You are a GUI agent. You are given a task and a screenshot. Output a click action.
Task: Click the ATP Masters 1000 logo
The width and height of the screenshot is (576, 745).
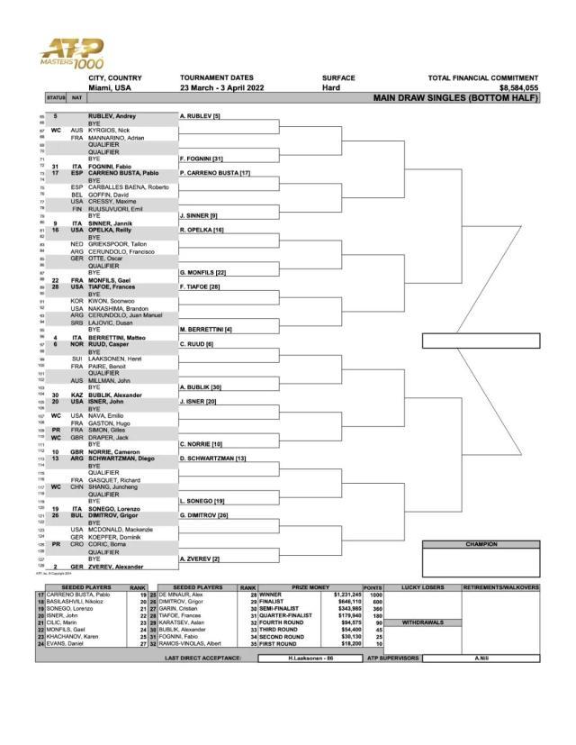coord(72,56)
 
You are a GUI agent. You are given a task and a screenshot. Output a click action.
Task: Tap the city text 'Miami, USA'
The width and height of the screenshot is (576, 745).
coord(110,87)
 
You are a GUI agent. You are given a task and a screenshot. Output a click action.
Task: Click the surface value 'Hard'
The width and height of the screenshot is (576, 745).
coord(331,87)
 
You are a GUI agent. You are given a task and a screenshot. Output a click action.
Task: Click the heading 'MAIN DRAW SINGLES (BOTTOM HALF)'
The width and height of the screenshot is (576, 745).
coord(455,97)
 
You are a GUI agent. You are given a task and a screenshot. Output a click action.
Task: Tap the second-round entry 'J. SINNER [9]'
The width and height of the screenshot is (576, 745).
coord(200,216)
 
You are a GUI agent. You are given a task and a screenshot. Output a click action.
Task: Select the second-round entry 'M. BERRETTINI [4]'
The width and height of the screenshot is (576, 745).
coord(207,331)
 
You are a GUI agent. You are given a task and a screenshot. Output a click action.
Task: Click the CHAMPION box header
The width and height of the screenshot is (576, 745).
coord(481,544)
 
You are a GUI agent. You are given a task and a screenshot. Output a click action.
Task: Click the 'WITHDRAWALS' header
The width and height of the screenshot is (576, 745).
coord(423,622)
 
